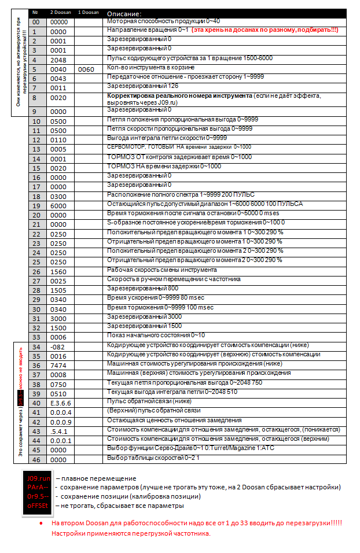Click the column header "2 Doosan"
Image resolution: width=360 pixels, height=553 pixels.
[60, 12]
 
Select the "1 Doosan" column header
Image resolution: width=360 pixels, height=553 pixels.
[89, 12]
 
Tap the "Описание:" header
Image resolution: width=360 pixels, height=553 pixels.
[124, 13]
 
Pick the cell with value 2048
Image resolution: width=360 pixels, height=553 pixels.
[59, 60]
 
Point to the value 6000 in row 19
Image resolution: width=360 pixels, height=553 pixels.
[59, 205]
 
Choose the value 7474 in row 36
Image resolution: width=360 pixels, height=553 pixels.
[59, 366]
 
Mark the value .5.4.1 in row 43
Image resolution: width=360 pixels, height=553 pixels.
[59, 431]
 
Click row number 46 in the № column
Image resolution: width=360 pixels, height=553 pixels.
[36, 459]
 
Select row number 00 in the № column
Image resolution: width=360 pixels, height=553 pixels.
[36, 22]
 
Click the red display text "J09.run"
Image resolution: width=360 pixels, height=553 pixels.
[37, 478]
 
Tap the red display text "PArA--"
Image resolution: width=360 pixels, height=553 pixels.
[37, 487]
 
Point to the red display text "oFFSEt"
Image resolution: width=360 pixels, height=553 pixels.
[37, 505]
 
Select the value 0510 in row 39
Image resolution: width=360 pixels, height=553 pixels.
[59, 394]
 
